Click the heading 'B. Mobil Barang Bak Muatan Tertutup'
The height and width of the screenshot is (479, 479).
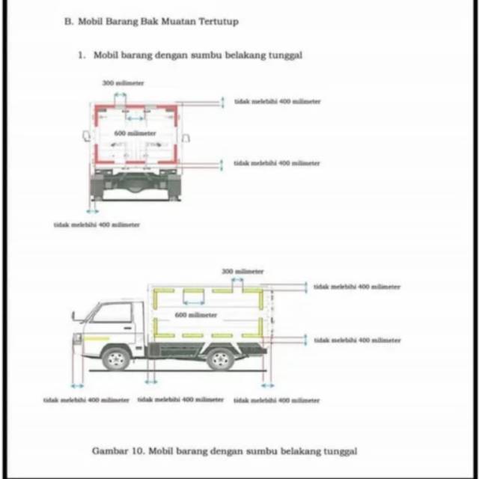point(152,22)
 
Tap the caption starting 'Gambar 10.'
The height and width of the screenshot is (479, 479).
point(224,451)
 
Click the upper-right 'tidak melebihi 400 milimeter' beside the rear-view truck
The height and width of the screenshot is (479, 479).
point(277,101)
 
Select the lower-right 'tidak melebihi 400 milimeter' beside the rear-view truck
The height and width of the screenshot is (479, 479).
point(277,162)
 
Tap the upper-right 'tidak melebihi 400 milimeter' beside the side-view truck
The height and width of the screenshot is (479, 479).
point(357,287)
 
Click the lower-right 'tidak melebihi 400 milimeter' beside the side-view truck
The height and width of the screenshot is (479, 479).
point(357,340)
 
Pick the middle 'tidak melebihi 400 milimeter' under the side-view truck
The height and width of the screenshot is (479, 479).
point(180,400)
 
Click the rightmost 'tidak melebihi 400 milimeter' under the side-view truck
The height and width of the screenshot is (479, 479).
point(276,400)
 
